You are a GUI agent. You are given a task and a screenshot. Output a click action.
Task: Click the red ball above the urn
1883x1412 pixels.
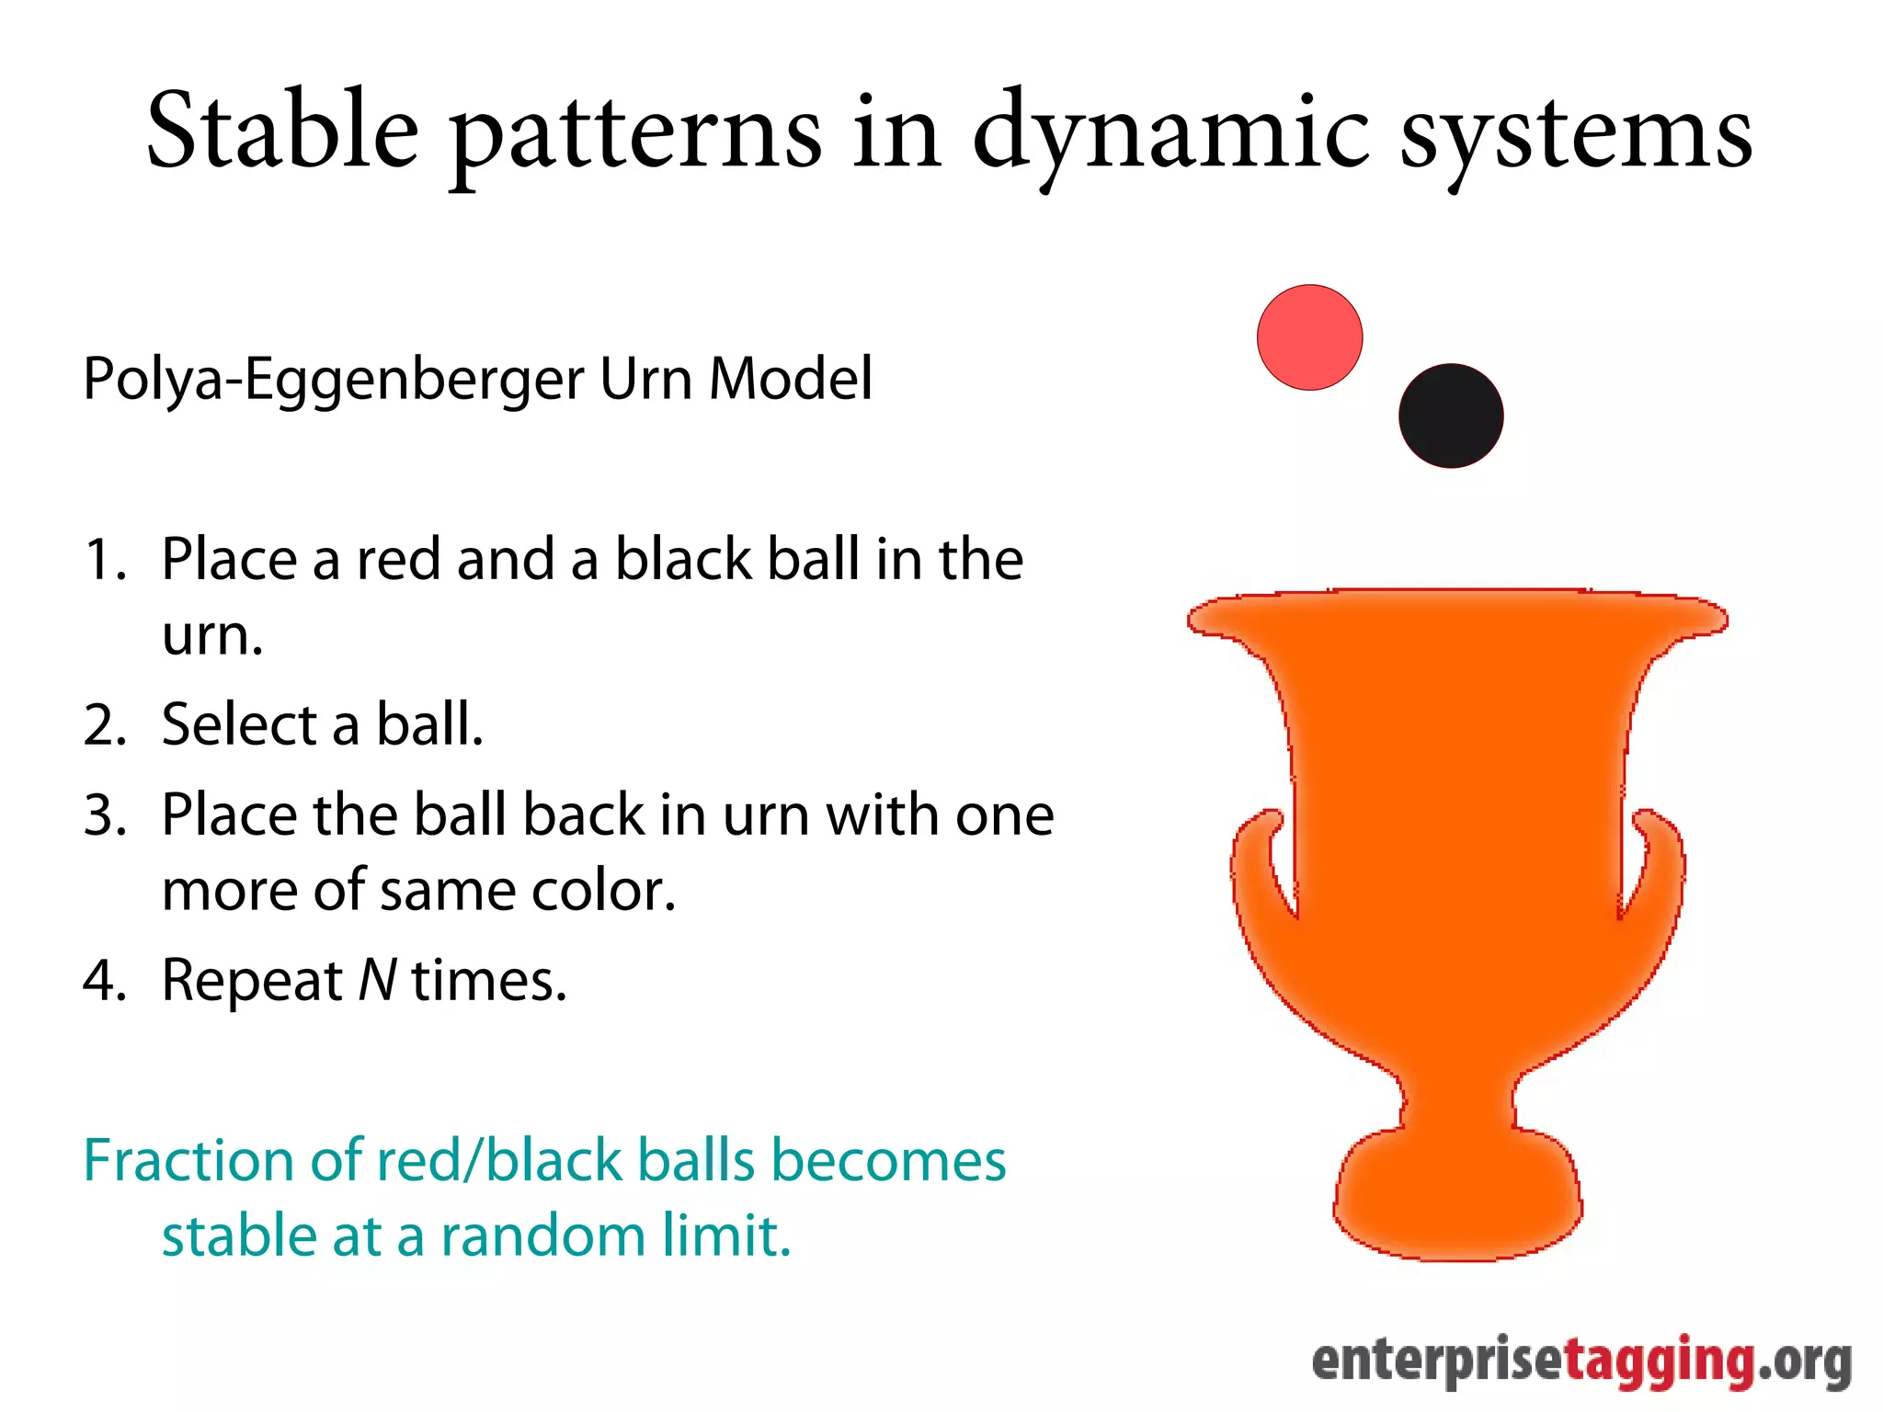click(1309, 337)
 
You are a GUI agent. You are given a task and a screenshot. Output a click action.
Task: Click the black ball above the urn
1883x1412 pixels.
click(1451, 416)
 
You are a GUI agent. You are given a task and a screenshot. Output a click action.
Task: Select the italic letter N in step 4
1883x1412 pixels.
click(377, 979)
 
